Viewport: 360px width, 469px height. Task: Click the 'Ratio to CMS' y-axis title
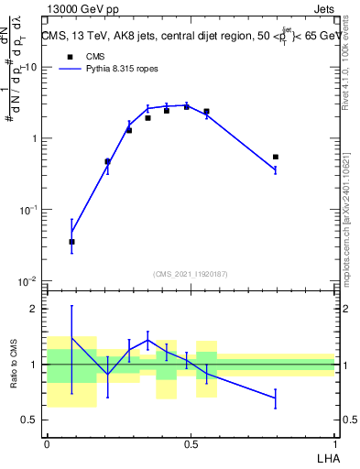pyautogui.click(x=14, y=365)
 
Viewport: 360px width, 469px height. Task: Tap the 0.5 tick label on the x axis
pyautogui.click(x=191, y=442)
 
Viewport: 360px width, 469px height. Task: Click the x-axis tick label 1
pyautogui.click(x=334, y=442)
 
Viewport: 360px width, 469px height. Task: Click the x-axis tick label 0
pyautogui.click(x=47, y=442)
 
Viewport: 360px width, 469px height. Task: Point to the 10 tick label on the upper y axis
pyautogui.click(x=31, y=68)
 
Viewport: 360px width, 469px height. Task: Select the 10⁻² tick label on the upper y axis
pyautogui.click(x=29, y=280)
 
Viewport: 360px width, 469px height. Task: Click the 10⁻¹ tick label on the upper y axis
pyautogui.click(x=29, y=210)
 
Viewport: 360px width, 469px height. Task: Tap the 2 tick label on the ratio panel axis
pyautogui.click(x=34, y=309)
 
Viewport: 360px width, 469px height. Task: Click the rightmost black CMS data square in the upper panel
pyautogui.click(x=276, y=157)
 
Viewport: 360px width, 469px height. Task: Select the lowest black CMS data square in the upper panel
pyautogui.click(x=71, y=242)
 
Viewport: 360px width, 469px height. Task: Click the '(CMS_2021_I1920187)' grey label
pyautogui.click(x=191, y=274)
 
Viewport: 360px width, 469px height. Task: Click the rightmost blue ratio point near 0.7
pyautogui.click(x=276, y=398)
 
